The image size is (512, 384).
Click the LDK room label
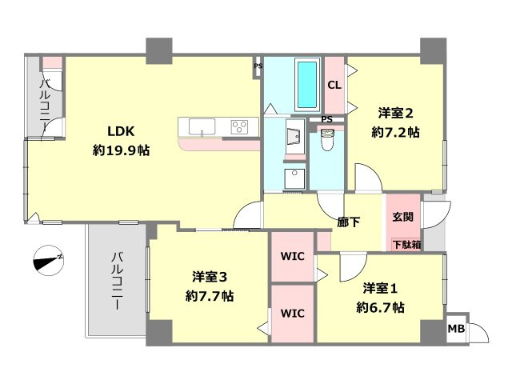point(121,131)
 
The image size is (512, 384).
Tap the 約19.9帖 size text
point(121,150)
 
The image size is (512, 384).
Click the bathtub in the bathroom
point(307,85)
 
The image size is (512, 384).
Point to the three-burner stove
point(240,126)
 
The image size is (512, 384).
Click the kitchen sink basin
point(202,126)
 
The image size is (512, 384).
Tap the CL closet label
point(334,86)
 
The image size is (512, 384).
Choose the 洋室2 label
point(395,113)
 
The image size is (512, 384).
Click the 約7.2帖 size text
point(395,132)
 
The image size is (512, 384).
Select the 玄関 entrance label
point(403,217)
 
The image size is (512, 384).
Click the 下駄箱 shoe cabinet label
point(406,244)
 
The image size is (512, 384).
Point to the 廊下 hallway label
point(349,222)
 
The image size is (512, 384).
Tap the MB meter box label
point(456,329)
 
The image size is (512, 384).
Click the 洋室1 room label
point(380,288)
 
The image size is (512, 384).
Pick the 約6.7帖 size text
point(380,307)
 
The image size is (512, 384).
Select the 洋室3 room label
point(210,277)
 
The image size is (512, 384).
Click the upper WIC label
point(292,256)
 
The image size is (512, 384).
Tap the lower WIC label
point(292,314)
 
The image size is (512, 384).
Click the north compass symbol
point(49,260)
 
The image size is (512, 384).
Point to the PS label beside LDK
point(258,66)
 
